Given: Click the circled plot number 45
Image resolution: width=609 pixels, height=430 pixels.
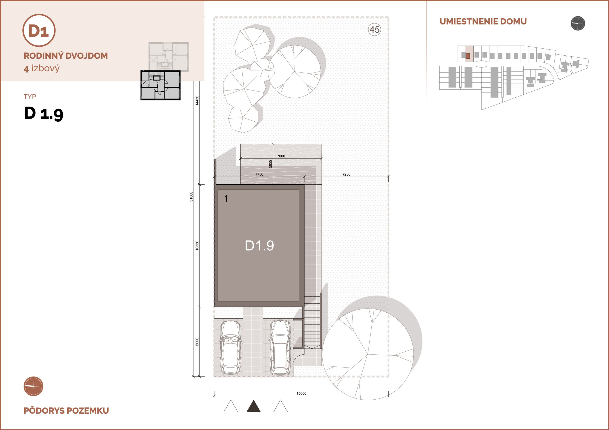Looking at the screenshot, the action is point(374,30).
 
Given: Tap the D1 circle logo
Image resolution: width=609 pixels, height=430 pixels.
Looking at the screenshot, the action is point(39,30).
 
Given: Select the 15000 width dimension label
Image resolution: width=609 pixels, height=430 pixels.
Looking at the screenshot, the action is point(301,393).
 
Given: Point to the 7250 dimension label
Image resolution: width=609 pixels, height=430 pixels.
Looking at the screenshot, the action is point(346,174).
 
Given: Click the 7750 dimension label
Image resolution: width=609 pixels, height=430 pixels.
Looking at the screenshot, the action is point(259,174).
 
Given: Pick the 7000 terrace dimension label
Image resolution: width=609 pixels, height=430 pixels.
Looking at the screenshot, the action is point(281,156).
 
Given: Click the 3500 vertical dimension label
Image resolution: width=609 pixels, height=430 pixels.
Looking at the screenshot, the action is point(270,164).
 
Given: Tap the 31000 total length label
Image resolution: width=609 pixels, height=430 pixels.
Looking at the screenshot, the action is point(191,196).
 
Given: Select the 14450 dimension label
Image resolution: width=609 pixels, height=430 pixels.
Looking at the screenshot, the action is point(197,101).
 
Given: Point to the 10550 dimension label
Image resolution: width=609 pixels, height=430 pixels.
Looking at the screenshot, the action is point(197,246).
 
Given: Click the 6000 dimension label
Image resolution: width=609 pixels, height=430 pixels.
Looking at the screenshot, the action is point(197,342).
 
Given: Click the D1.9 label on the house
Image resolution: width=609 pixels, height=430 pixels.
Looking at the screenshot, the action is point(259,246).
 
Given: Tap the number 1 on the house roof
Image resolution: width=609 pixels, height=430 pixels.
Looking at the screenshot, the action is point(226,199).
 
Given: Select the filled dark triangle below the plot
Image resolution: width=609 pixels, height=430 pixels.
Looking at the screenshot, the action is point(254,406).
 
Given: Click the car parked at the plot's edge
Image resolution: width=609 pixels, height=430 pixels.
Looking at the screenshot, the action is point(231,347).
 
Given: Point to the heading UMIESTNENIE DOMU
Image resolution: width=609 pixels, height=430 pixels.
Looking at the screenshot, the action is point(483,21).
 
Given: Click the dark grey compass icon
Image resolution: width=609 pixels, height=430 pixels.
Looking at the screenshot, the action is point(578,23).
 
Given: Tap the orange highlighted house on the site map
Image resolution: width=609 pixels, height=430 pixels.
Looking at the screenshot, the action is point(468,56).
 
